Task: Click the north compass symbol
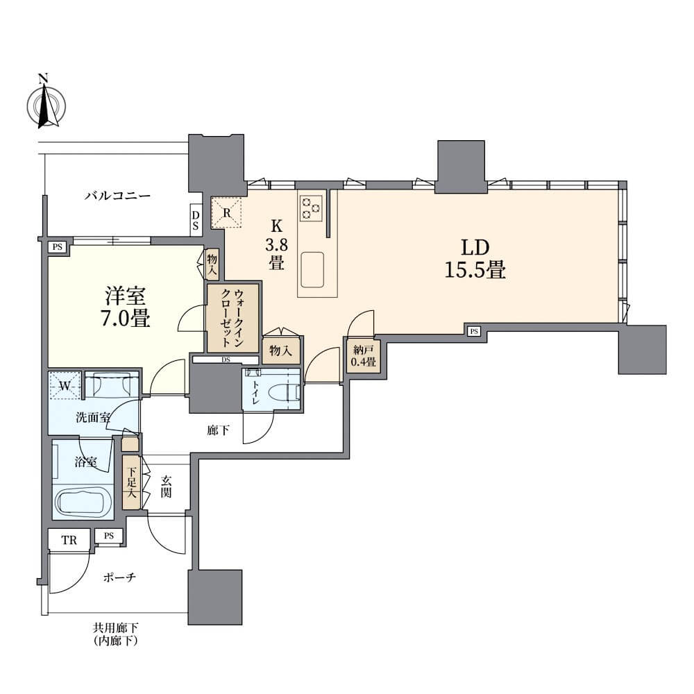point(46,105)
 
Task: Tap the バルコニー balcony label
point(118,196)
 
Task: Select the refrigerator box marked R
point(227,212)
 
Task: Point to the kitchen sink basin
point(312,270)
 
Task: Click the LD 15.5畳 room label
point(475,258)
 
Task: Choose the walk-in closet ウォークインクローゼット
point(232,319)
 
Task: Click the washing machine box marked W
point(65,385)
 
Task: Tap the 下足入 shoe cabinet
point(131,482)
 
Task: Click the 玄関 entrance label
point(166,486)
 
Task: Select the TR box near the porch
point(69,539)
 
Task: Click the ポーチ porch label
point(119,577)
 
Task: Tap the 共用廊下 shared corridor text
point(115,627)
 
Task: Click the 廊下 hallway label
point(218,430)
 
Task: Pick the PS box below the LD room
point(474,330)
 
